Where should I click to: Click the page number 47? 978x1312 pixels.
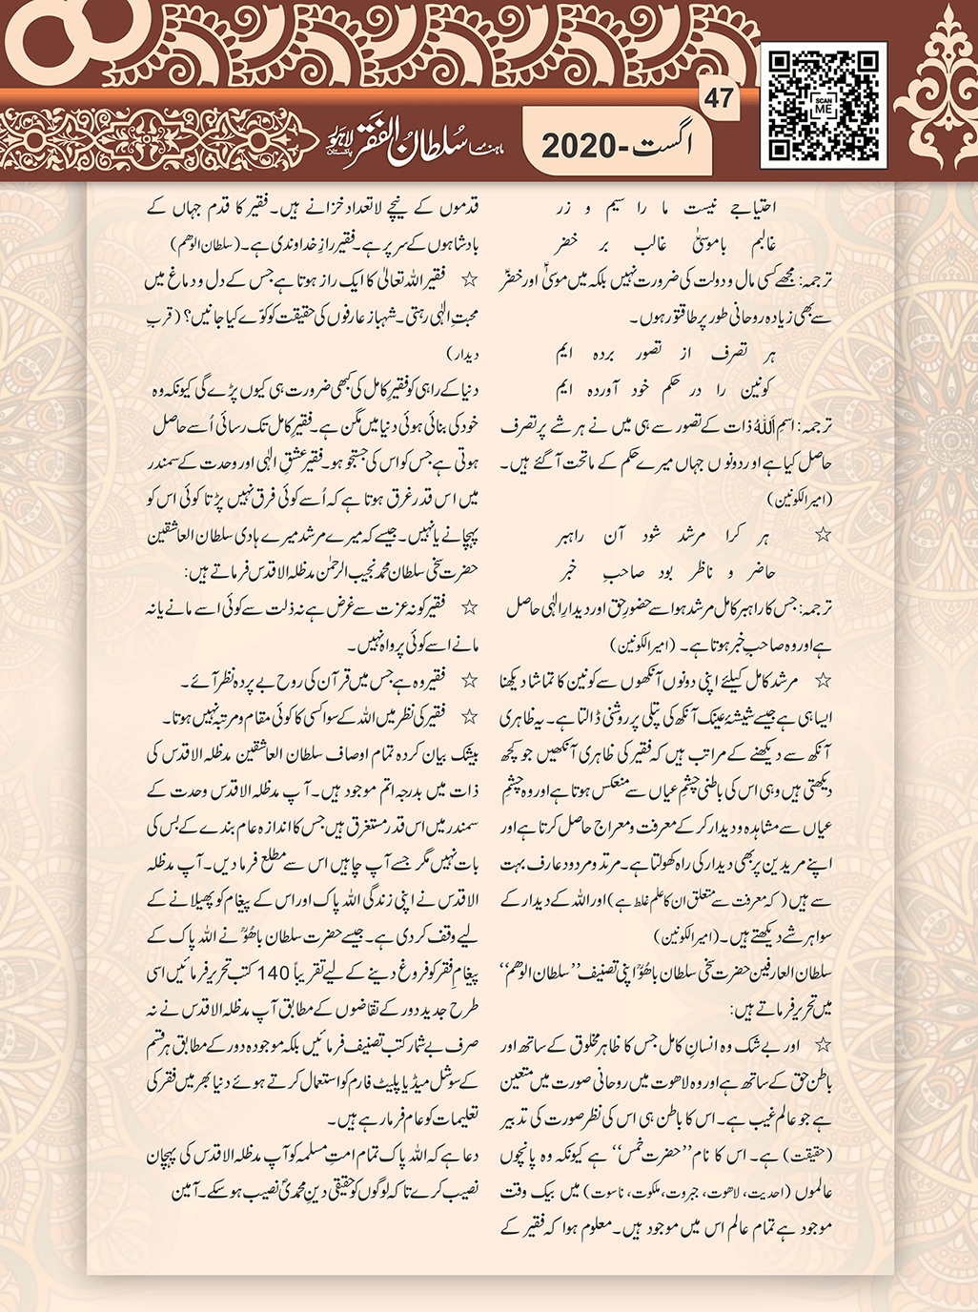pos(720,98)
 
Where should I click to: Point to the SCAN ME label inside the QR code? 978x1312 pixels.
pos(824,106)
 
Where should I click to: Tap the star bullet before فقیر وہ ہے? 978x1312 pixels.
pos(468,682)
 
